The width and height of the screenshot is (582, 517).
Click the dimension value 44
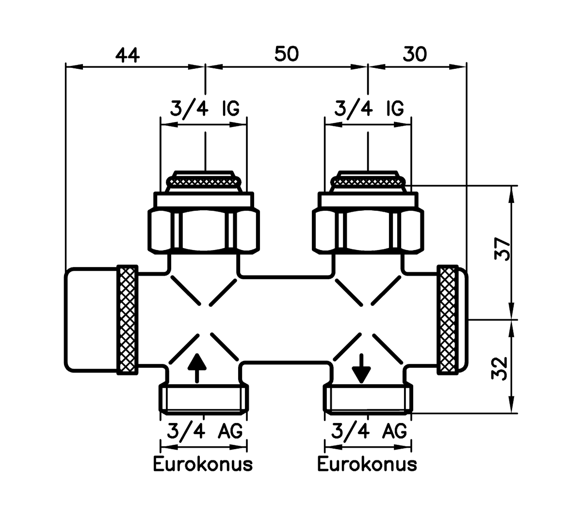[x=127, y=55]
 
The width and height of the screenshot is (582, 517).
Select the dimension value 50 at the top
[x=286, y=54]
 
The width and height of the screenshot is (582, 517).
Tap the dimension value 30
[x=415, y=54]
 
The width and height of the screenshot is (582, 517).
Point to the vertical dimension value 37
[x=502, y=249]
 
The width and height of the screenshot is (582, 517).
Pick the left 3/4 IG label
[x=204, y=109]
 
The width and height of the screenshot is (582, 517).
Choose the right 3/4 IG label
[x=369, y=109]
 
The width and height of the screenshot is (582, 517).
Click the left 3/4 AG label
[x=204, y=430]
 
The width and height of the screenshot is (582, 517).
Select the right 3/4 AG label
[x=369, y=430]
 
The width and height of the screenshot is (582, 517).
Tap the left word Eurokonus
[x=203, y=464]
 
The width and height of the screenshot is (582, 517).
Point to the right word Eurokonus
[x=367, y=464]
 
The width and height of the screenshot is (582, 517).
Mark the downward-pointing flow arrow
[x=361, y=369]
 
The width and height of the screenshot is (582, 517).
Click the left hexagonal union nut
[x=203, y=230]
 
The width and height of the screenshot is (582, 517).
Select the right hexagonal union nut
[x=368, y=230]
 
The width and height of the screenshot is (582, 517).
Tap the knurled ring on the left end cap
[x=128, y=320]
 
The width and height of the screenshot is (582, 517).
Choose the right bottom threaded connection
[x=368, y=399]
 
